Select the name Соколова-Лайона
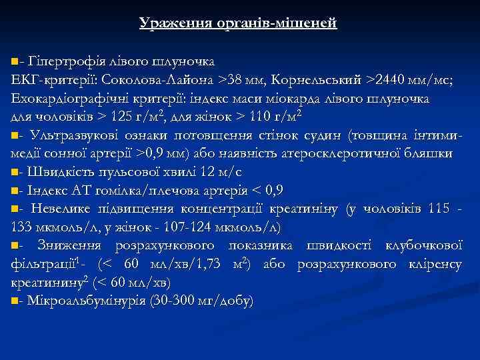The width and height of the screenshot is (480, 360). [166, 80]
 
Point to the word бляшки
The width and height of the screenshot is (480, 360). [431, 154]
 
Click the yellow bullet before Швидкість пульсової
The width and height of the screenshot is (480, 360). [15, 173]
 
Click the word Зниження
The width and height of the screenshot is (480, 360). [67, 246]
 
